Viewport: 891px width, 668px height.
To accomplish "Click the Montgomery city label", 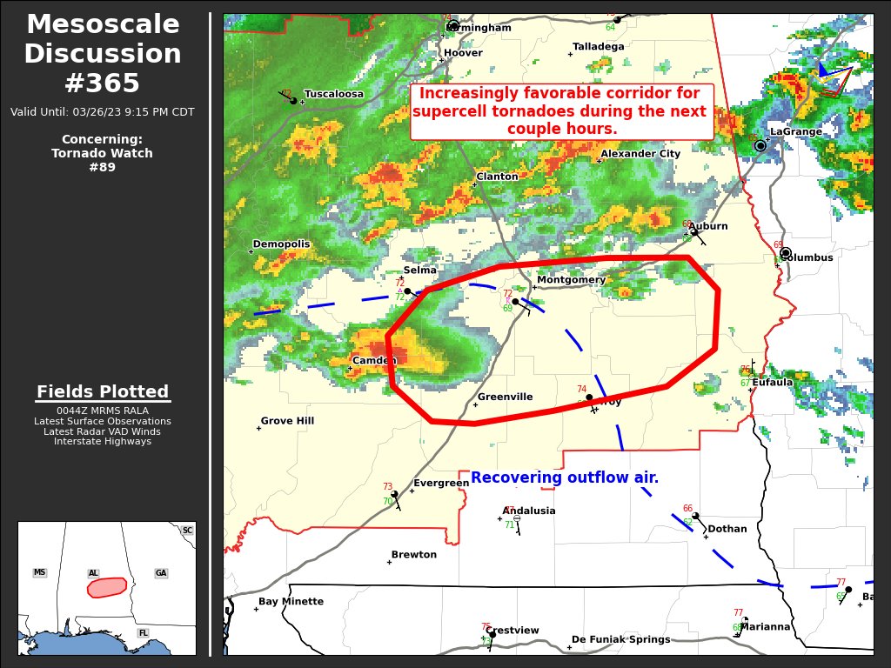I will pyautogui.click(x=571, y=280).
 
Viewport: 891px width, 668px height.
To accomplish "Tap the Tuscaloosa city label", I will pyautogui.click(x=333, y=94).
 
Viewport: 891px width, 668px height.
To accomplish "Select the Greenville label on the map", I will pyautogui.click(x=505, y=397).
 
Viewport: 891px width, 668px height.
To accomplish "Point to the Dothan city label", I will pyautogui.click(x=727, y=529).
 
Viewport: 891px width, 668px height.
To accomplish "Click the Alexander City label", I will pyautogui.click(x=640, y=154).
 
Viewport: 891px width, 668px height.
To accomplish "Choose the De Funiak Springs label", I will pyautogui.click(x=622, y=639).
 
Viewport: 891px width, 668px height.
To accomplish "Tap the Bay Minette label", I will pyautogui.click(x=291, y=602).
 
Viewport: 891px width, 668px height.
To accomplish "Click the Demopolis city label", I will pyautogui.click(x=281, y=244).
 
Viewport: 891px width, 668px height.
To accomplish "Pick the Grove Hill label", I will pyautogui.click(x=287, y=421).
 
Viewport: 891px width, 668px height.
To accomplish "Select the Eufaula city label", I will pyautogui.click(x=772, y=382).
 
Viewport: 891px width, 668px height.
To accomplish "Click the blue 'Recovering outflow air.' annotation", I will pyautogui.click(x=565, y=478).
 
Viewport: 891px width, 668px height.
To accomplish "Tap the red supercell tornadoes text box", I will pyautogui.click(x=561, y=112).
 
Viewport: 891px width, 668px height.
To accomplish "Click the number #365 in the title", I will pyautogui.click(x=102, y=83).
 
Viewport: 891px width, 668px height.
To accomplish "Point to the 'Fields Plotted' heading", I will pyautogui.click(x=103, y=392).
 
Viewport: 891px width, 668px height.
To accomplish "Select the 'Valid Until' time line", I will pyautogui.click(x=103, y=112).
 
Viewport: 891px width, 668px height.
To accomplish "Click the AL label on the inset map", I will pyautogui.click(x=93, y=573).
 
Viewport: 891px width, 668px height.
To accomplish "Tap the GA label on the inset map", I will pyautogui.click(x=161, y=573).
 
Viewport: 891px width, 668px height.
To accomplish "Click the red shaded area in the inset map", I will pyautogui.click(x=107, y=587).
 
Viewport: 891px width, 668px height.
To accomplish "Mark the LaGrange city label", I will pyautogui.click(x=795, y=132).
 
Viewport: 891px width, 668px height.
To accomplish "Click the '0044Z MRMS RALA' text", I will pyautogui.click(x=103, y=411).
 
